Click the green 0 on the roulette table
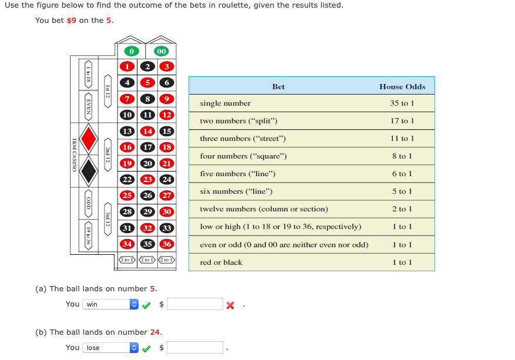[132, 52]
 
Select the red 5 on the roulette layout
[149, 83]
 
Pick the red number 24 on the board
[167, 180]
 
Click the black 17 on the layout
[149, 147]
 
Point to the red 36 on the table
[167, 244]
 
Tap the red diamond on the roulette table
[89, 139]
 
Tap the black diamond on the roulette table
[89, 171]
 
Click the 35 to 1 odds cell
[402, 103]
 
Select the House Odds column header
[402, 86]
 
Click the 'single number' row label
[225, 103]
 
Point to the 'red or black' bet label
[221, 263]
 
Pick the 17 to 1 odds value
[402, 121]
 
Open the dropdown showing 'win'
[110, 304]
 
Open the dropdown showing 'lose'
[110, 348]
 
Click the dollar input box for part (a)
[195, 304]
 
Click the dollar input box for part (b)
[195, 348]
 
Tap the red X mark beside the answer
[230, 305]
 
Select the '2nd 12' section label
[108, 155]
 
